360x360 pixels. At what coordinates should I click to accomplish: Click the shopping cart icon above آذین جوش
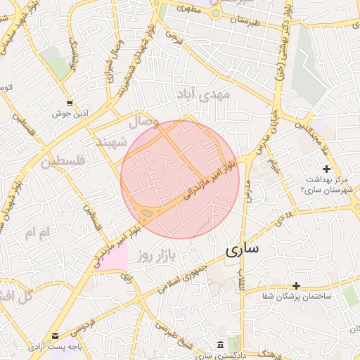pos(70,103)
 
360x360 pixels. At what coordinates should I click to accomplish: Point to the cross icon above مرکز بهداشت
pos(326,169)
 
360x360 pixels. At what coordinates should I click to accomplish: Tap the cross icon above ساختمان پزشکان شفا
pos(297,285)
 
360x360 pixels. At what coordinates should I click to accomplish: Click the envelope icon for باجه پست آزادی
pos(56,336)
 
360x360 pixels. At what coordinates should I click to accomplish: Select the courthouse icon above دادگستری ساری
pos(221,345)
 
